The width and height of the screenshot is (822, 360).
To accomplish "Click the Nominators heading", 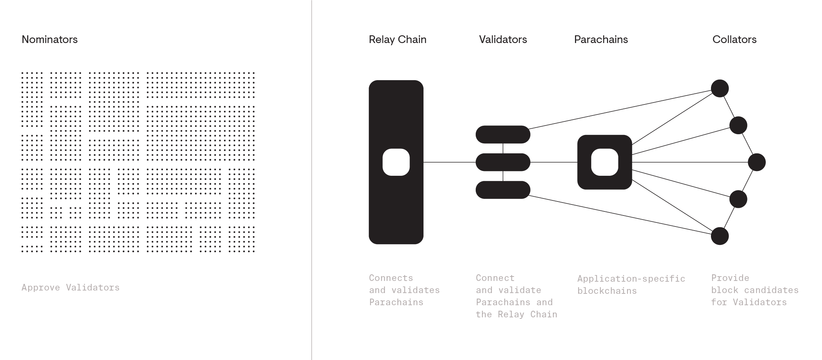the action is pyautogui.click(x=50, y=39).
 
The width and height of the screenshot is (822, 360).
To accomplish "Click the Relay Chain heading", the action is pyautogui.click(x=397, y=39).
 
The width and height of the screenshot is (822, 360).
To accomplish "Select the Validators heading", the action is pyautogui.click(x=503, y=39).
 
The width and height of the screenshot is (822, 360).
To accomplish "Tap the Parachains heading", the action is pyautogui.click(x=601, y=39).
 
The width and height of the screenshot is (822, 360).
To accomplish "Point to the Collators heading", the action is pyautogui.click(x=735, y=39).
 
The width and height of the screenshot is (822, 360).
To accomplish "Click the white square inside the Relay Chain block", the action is pyautogui.click(x=396, y=162).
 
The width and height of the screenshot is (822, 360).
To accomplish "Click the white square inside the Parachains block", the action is pyautogui.click(x=605, y=162).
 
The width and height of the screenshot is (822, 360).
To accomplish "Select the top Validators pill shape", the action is pyautogui.click(x=503, y=135).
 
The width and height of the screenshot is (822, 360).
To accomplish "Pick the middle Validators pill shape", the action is pyautogui.click(x=503, y=162).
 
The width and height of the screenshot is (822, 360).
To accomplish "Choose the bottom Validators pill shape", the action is pyautogui.click(x=503, y=190).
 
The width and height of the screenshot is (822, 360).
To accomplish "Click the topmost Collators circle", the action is pyautogui.click(x=720, y=89).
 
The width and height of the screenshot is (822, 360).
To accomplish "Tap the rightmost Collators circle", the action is pyautogui.click(x=757, y=162).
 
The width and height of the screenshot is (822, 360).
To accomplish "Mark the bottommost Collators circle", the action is pyautogui.click(x=720, y=236).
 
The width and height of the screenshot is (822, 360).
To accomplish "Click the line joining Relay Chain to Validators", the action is pyautogui.click(x=450, y=162).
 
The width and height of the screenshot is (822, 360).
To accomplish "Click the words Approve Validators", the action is pyautogui.click(x=71, y=288).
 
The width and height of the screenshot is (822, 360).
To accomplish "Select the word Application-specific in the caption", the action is pyautogui.click(x=631, y=279).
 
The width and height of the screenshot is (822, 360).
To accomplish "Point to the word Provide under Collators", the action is pyautogui.click(x=730, y=278).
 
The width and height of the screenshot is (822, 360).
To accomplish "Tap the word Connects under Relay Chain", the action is pyautogui.click(x=391, y=278).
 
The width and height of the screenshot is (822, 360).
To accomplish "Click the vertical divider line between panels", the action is pyautogui.click(x=312, y=180).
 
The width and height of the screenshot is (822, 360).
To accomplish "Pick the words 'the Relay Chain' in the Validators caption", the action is pyautogui.click(x=517, y=314).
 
